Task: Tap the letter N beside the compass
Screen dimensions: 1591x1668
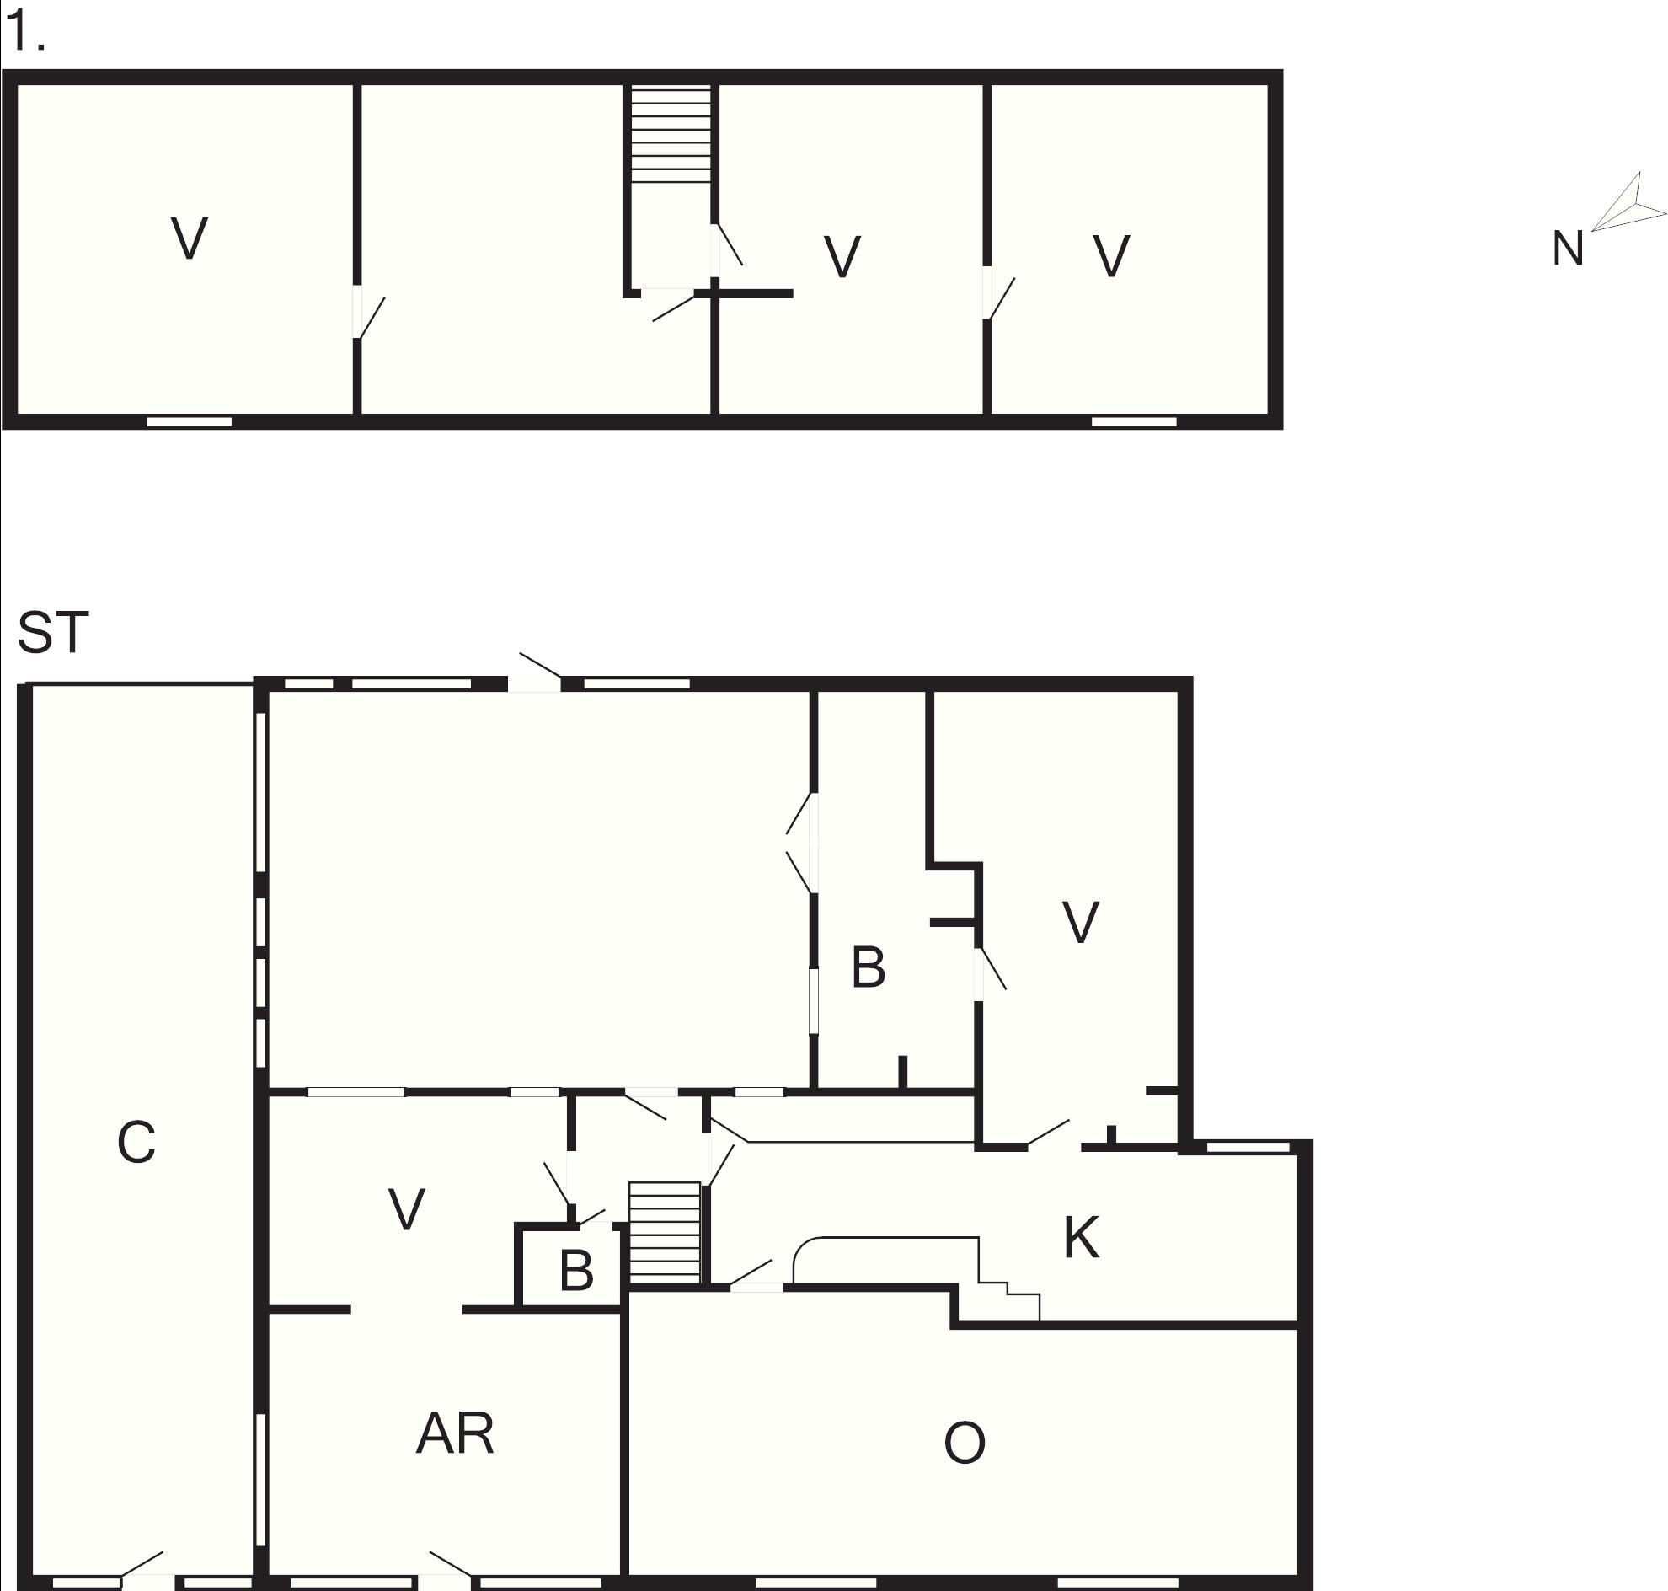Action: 1567,250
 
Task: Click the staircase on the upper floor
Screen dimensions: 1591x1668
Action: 670,133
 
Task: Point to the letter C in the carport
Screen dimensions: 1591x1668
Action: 136,1144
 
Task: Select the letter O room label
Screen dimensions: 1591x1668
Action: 965,1443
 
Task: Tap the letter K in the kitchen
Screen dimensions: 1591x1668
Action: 1080,1238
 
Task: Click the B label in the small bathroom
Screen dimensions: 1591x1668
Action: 576,1272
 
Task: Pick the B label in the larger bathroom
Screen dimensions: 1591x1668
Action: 868,967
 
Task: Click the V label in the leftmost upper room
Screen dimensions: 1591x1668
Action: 189,239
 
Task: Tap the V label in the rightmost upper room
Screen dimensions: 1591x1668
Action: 1111,256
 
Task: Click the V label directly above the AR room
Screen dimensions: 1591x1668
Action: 406,1209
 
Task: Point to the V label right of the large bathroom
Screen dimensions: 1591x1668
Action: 1080,923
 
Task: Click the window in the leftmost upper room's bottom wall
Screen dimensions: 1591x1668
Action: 189,421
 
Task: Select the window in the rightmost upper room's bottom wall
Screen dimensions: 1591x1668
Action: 1133,421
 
